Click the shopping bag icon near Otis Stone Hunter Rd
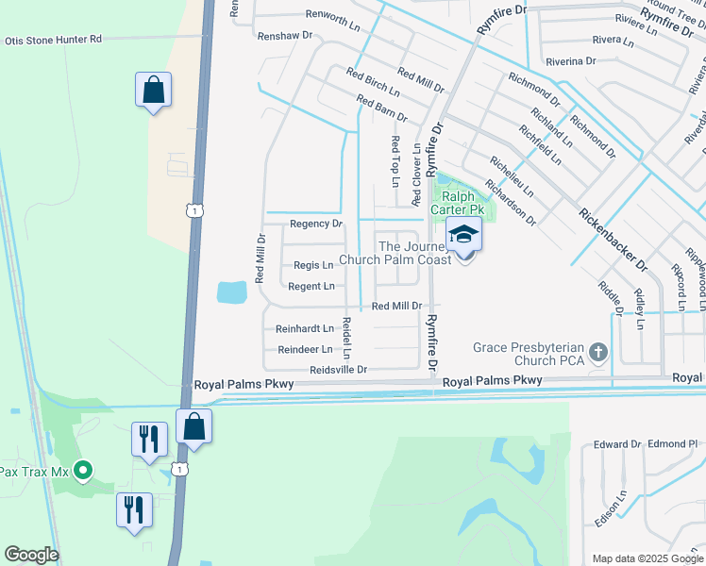click(x=153, y=92)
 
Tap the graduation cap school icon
click(x=463, y=235)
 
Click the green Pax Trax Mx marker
click(x=83, y=469)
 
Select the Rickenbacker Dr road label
click(x=613, y=239)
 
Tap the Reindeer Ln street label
click(x=305, y=349)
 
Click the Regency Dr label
click(x=315, y=224)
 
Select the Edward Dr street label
click(x=617, y=443)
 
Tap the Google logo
click(x=31, y=555)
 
